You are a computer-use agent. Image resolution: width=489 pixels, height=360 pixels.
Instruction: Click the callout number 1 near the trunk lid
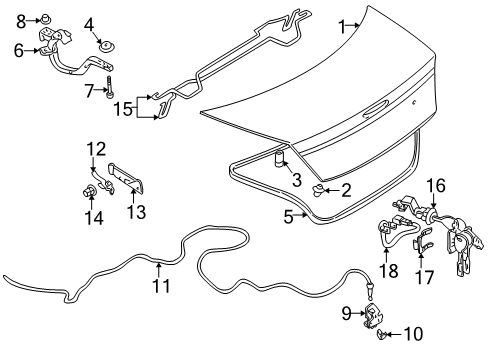[342, 26]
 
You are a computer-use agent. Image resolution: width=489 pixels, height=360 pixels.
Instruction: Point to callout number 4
[89, 23]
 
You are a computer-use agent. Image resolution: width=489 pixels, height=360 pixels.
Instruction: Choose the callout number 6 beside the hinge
[19, 48]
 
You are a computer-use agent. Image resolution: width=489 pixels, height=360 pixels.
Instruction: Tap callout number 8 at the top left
[19, 18]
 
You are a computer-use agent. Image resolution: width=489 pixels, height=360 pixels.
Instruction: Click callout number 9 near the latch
[347, 313]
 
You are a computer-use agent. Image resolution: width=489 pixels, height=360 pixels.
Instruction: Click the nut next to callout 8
[46, 18]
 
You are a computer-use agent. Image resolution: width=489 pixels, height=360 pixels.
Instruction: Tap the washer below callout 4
[103, 46]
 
